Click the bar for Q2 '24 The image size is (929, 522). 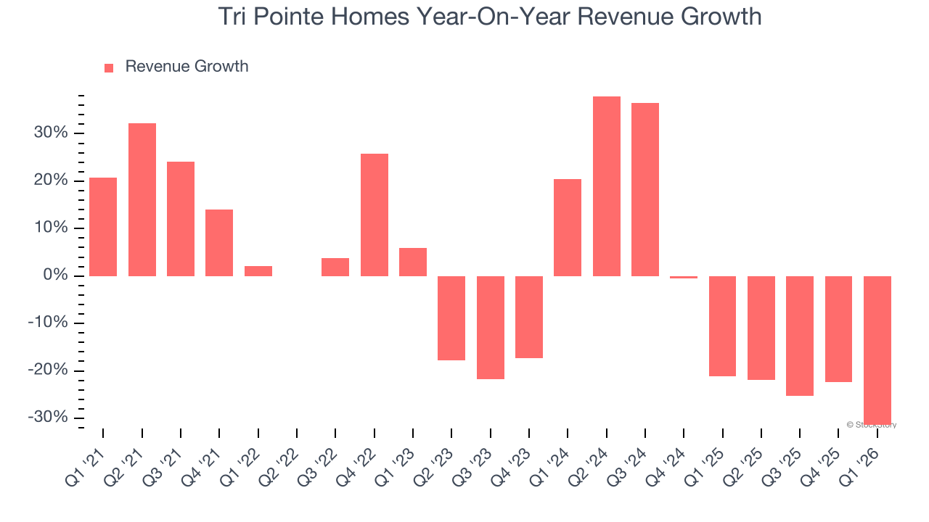(606, 186)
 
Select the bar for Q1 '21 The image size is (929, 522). (103, 227)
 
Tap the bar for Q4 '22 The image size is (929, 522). (375, 215)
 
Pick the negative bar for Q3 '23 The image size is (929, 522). (491, 328)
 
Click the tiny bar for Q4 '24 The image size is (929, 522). (684, 277)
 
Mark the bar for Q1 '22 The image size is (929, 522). (258, 271)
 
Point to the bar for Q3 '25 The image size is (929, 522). (800, 336)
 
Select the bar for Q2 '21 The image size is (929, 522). (142, 199)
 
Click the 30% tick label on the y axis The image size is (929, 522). (50, 133)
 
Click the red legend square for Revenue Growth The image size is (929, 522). (109, 68)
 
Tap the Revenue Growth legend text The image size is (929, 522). (187, 67)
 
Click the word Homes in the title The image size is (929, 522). (375, 16)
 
